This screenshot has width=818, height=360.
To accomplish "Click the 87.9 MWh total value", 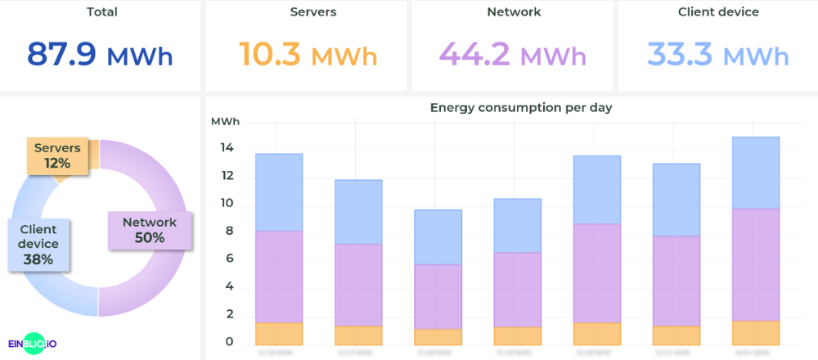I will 100,54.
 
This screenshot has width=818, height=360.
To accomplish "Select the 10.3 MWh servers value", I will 308,54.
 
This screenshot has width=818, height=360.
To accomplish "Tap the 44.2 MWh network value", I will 513,54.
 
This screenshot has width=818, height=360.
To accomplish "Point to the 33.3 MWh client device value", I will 718,54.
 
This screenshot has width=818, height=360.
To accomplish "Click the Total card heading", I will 101,12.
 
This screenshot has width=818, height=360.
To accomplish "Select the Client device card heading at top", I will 718,12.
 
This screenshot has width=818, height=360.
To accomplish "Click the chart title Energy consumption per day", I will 521,107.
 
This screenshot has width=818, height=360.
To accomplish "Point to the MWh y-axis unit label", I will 226,122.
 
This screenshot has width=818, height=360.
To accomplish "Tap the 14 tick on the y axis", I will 227,148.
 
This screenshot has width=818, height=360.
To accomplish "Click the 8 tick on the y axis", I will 230,232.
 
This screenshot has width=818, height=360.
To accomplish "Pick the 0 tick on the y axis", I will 230,342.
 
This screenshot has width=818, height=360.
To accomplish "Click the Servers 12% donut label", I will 57,155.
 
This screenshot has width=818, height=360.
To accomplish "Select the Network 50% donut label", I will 150,230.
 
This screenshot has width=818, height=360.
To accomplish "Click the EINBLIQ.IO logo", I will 38,344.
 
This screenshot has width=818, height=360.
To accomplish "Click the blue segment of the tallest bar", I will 756,173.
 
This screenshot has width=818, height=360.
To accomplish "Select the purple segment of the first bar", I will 279,277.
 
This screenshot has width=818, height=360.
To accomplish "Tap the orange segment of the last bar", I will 756,332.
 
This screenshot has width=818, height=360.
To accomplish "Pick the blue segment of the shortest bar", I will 438,237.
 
